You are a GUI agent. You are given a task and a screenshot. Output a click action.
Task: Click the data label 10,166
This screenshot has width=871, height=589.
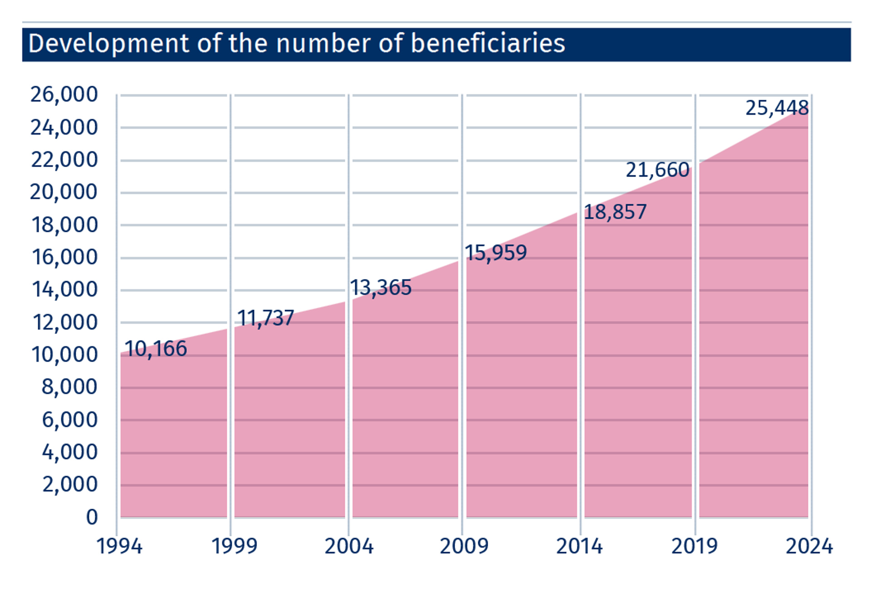point(156,349)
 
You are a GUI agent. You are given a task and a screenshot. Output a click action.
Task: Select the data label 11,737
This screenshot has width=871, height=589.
point(265,318)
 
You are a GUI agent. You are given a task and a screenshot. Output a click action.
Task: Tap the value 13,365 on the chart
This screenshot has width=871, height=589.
point(381,288)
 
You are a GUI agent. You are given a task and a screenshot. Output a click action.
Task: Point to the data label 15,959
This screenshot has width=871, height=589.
point(496,253)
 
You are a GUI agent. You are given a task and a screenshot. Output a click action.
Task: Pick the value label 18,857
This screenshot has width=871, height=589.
point(615,212)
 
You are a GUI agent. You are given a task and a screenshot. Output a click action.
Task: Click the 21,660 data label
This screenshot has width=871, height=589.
point(657,170)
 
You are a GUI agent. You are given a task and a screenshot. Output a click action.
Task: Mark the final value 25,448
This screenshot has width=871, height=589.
point(777,108)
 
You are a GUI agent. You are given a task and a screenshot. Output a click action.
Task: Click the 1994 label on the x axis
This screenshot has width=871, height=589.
point(119,546)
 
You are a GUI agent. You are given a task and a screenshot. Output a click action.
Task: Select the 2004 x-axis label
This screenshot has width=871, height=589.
point(349,546)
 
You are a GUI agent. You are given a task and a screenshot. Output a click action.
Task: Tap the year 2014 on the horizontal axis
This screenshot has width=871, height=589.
point(579,546)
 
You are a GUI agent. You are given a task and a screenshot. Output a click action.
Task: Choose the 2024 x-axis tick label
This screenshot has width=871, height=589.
point(809,546)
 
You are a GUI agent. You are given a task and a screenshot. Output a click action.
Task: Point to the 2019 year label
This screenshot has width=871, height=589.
point(694,546)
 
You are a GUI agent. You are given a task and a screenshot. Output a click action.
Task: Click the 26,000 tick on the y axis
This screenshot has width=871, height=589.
point(64,94)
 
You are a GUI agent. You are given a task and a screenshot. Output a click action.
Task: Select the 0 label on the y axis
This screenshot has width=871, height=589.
point(92,517)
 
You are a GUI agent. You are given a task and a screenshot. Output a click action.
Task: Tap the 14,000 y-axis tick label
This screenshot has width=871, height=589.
point(65,290)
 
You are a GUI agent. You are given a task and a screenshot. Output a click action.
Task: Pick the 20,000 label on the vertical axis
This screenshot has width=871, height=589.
point(64,192)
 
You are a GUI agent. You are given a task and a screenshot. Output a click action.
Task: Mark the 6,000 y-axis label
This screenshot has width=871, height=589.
point(70,420)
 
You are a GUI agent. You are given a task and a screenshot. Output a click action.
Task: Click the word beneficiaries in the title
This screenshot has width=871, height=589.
point(488,44)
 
